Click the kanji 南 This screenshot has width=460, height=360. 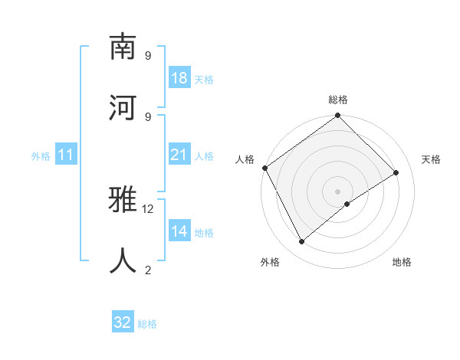[x=123, y=47]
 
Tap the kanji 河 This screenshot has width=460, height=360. [x=123, y=107]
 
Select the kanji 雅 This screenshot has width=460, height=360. [x=123, y=201]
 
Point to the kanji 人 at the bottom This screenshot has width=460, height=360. [x=123, y=260]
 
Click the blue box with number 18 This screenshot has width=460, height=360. [x=179, y=78]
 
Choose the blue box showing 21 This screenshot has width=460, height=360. [x=179, y=155]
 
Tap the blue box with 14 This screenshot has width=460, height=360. [x=179, y=231]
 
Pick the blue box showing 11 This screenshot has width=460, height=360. [x=66, y=155]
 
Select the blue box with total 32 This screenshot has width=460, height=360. [x=123, y=322]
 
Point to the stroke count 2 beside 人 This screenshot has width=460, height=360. [x=148, y=270]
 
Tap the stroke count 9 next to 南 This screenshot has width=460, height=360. [x=148, y=56]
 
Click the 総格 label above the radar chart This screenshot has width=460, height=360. [x=338, y=100]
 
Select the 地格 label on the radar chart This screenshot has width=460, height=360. [x=402, y=262]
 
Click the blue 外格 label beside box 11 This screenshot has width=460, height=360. [x=41, y=156]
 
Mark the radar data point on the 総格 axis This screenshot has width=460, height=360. [x=338, y=116]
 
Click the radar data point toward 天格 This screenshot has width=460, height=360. [x=396, y=173]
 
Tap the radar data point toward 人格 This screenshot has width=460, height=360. [x=264, y=168]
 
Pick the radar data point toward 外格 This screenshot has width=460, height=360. [x=302, y=242]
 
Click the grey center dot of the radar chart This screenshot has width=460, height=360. [x=338, y=191]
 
